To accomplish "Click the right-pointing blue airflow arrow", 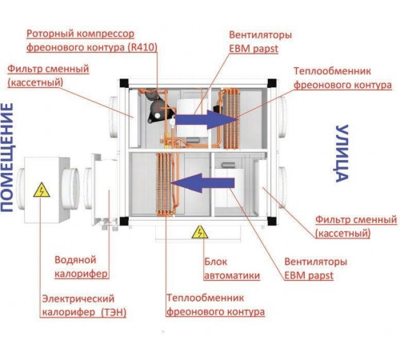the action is click(x=206, y=120).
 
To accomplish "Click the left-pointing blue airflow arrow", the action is click(x=202, y=183).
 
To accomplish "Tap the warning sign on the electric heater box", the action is click(x=42, y=190).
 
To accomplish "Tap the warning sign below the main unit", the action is click(x=200, y=232).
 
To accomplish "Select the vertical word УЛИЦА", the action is click(x=342, y=154).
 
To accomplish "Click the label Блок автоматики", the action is click(x=232, y=269).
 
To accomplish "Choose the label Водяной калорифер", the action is click(x=81, y=266).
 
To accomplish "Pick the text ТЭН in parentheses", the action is click(x=114, y=312).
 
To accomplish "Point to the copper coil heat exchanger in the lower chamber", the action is click(x=164, y=184).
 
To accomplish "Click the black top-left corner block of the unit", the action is click(x=124, y=83).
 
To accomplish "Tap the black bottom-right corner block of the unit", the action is click(x=271, y=221).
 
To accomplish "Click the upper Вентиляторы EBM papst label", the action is click(x=260, y=42).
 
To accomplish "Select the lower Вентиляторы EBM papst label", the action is click(x=315, y=268).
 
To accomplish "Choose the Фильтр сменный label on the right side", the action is click(x=356, y=226).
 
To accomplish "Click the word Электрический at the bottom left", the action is click(x=78, y=298).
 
